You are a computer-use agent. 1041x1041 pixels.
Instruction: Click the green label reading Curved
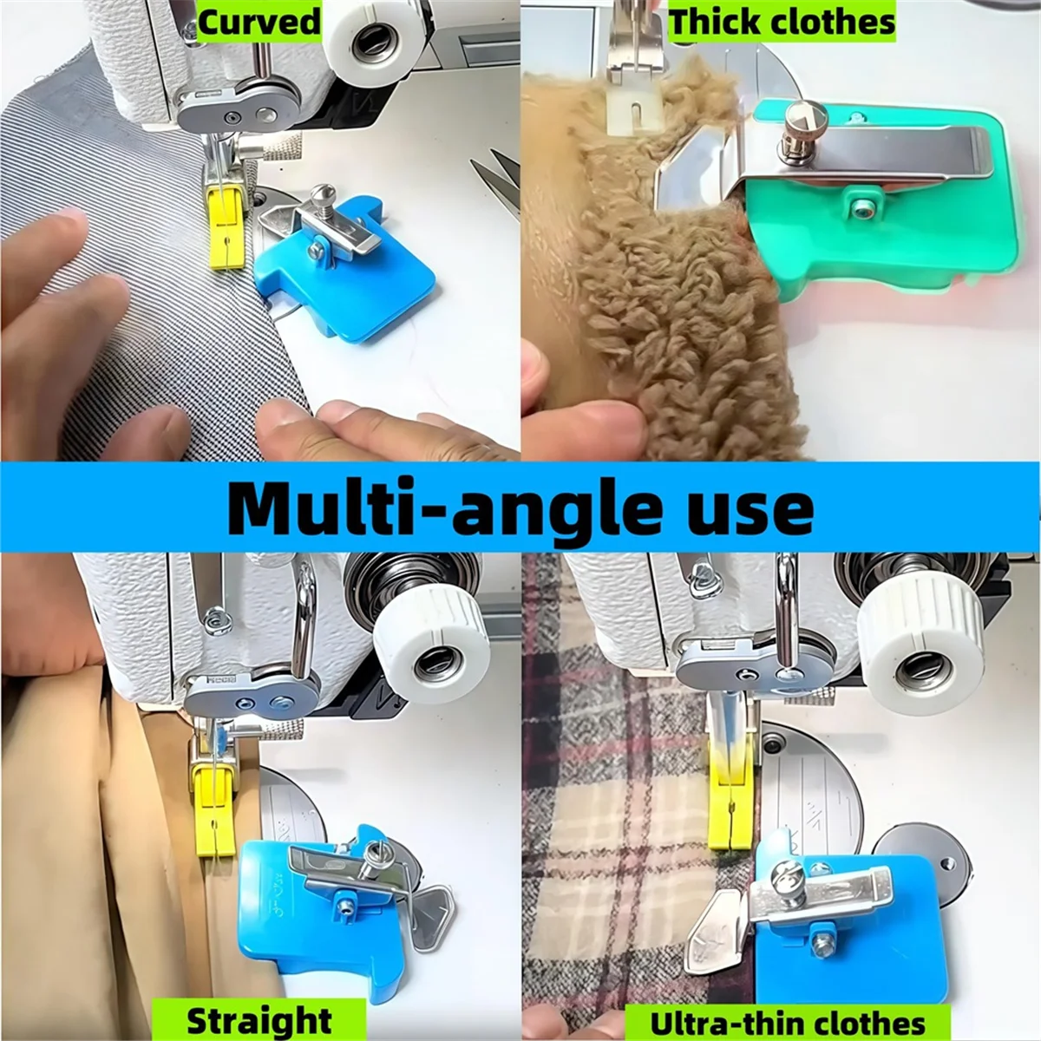pyautogui.click(x=259, y=20)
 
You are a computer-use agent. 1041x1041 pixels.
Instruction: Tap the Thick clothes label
pyautogui.click(x=782, y=21)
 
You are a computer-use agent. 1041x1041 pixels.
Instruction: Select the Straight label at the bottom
pyautogui.click(x=259, y=1020)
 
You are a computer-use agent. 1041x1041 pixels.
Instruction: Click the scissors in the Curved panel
pyautogui.click(x=499, y=178)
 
